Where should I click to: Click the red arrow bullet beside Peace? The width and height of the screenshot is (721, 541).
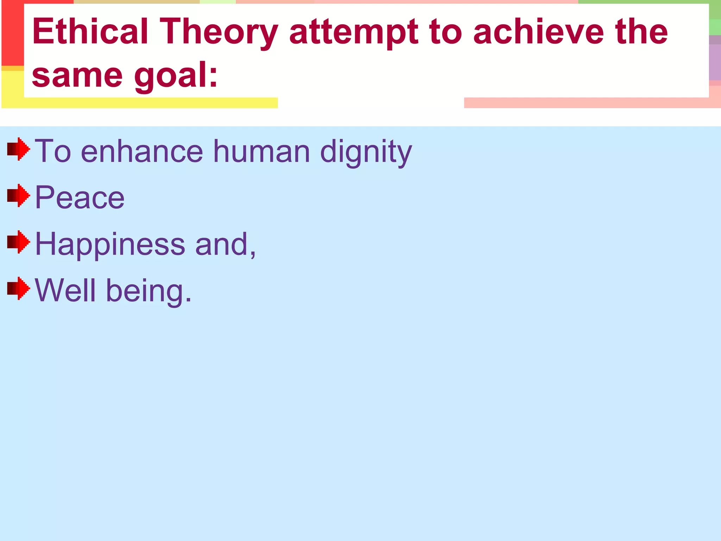pos(18,195)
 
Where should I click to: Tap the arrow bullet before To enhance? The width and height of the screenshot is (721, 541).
pos(18,149)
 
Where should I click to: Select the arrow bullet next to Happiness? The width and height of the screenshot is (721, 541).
pos(18,242)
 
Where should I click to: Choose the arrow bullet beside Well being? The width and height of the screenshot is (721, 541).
pos(18,288)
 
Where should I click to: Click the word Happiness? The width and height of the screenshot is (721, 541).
pos(110,244)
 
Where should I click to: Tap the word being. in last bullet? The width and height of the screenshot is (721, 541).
pos(149,291)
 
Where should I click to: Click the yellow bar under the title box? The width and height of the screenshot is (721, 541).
pos(141,103)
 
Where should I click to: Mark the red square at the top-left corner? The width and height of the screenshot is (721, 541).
pos(12,33)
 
